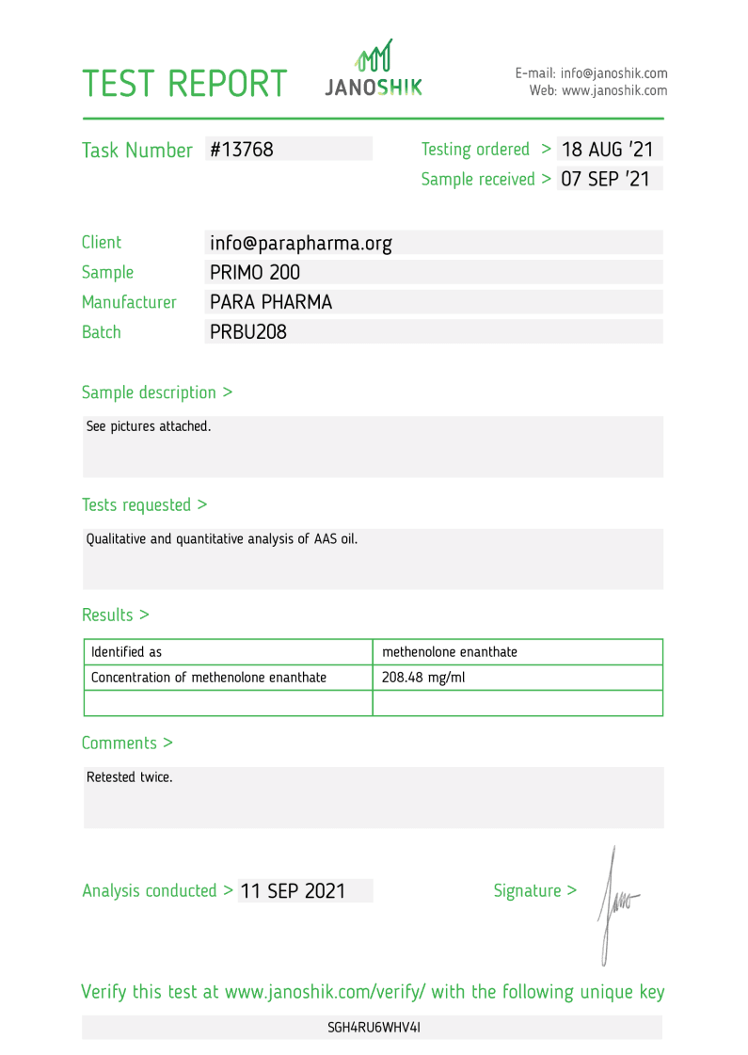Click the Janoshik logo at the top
[x=374, y=69]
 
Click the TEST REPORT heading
[x=183, y=84]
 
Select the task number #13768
[x=242, y=149]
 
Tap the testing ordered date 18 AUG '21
[x=607, y=149]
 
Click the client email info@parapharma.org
[x=301, y=243]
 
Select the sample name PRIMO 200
[x=255, y=272]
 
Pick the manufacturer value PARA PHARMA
[x=271, y=302]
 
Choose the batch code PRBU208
[x=248, y=332]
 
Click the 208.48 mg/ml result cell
[x=423, y=678]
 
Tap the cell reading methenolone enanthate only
[x=450, y=652]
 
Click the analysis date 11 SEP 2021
[x=293, y=890]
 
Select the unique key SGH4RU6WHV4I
[x=374, y=1027]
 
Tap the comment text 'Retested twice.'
[x=130, y=777]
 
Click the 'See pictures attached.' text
[x=149, y=426]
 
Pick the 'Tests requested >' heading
[x=145, y=504]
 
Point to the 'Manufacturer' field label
[x=129, y=302]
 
